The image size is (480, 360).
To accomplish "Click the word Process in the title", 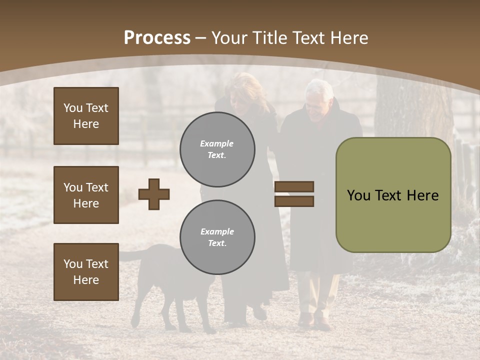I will point(157,38).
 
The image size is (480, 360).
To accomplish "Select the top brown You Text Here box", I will point(86,116).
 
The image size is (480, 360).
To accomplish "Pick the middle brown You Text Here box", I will point(86,195).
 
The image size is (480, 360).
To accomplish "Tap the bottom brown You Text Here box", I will point(86,272).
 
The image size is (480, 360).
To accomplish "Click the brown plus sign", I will point(154,194).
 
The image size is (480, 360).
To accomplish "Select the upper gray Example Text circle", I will point(217,149).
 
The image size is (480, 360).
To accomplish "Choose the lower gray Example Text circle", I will point(217,237).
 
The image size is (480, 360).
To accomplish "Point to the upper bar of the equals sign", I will point(294,187).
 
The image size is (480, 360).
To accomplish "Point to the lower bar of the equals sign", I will point(294,201).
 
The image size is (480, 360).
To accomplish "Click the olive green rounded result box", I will point(393,195).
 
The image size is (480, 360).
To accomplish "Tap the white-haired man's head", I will point(319,97).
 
